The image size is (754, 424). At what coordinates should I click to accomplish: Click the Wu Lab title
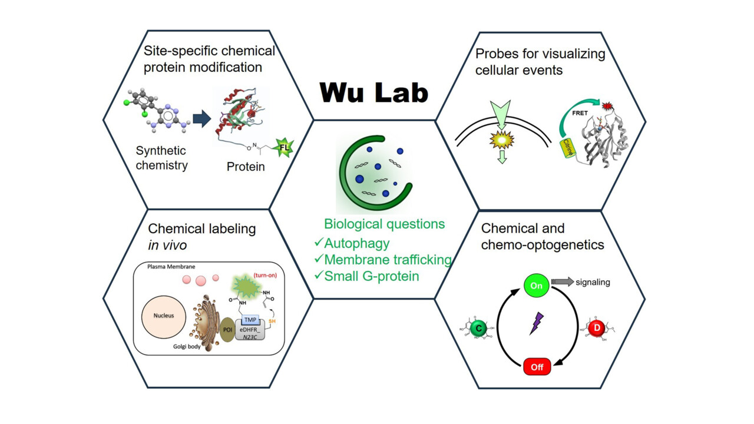(374, 92)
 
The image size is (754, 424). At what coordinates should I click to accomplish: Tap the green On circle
(537, 286)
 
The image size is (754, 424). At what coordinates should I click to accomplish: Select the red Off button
(537, 366)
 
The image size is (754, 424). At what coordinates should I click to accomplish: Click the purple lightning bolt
(536, 323)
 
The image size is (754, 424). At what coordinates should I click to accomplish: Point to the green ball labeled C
(479, 328)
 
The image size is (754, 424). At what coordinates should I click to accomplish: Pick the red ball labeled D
(596, 327)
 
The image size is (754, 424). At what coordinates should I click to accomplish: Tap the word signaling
(592, 282)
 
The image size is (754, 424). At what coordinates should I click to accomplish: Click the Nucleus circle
(164, 316)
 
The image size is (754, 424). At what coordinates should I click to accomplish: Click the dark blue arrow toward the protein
(201, 120)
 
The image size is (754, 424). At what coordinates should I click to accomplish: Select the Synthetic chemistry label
(161, 158)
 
